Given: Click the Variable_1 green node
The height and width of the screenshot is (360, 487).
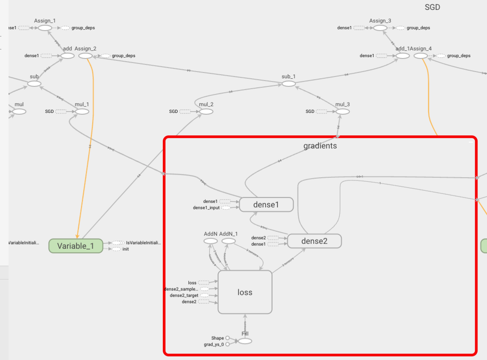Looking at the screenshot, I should [76, 246].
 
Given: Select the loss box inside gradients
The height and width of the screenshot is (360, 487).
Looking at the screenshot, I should [245, 292].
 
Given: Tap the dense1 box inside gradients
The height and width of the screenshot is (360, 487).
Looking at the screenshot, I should [266, 204].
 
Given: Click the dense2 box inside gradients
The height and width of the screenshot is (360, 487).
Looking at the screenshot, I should [314, 241].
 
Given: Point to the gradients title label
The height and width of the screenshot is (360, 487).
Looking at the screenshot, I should [320, 146].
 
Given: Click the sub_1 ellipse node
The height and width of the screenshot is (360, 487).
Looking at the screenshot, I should [288, 84].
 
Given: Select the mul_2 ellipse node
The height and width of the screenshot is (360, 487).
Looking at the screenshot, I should [206, 112].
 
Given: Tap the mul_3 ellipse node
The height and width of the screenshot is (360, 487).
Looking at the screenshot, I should [342, 112].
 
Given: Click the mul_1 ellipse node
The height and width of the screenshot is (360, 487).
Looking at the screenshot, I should [82, 112].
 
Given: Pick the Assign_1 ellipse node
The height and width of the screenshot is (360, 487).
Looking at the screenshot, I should [45, 28].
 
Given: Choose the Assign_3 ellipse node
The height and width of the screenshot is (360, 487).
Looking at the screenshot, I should [380, 28].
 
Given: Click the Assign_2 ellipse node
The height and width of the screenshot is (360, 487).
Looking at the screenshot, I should [85, 56].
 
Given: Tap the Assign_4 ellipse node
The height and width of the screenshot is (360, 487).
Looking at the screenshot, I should [420, 56].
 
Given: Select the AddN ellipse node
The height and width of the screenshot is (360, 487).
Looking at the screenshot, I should [210, 241].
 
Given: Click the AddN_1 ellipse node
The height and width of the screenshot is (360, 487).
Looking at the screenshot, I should [228, 241].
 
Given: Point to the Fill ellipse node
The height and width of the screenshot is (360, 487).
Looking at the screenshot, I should [245, 341].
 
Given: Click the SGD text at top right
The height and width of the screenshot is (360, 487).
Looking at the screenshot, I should [432, 7].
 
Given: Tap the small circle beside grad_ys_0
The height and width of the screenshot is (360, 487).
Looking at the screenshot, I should [228, 344].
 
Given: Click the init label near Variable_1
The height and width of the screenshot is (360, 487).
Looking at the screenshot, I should [125, 249].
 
